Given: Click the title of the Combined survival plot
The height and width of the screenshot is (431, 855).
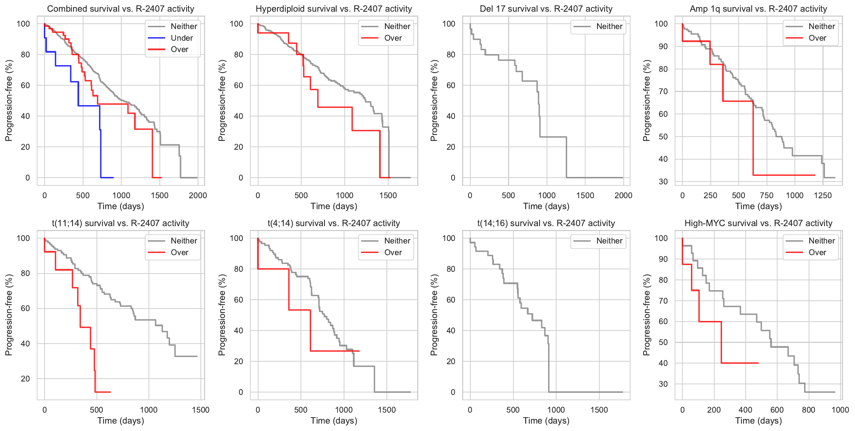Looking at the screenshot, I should coord(121,9).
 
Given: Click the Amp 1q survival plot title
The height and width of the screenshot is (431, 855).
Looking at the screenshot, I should coord(758,9).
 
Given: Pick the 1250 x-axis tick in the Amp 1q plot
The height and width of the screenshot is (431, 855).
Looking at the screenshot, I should coord(823,195).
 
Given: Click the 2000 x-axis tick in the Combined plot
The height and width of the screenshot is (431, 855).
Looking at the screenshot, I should coord(198,195).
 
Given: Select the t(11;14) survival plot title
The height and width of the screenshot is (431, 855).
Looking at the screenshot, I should coord(121,223).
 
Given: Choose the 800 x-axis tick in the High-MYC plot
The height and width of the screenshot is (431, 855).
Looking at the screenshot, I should coord(808,410).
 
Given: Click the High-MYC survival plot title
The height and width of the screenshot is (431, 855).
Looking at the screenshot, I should coord(758,223).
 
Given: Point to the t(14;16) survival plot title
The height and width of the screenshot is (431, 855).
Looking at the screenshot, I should coord(546,223).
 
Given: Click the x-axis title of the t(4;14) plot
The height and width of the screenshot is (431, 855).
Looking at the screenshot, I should coord(334,420).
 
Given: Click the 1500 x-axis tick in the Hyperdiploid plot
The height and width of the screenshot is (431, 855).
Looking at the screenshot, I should coord(388,195).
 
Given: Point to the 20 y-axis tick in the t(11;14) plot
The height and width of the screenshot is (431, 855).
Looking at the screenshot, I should coord(25,379).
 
